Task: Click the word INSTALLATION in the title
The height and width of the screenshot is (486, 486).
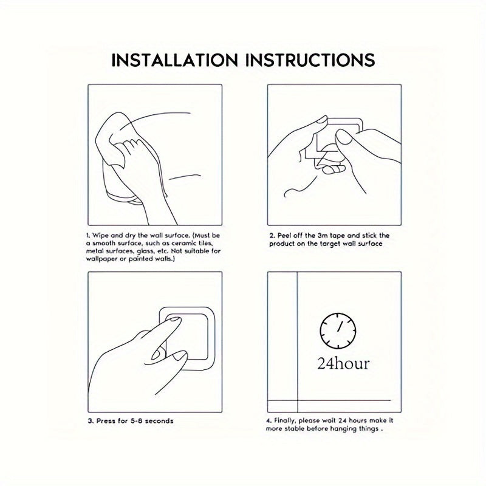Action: [x=174, y=60]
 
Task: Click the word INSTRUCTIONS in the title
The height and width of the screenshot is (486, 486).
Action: [x=310, y=60]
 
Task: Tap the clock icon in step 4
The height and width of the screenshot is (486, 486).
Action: [x=338, y=330]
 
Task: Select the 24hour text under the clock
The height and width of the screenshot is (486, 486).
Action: [x=343, y=363]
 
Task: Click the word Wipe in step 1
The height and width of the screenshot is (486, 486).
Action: [x=101, y=236]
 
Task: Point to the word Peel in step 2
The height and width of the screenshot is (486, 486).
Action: [x=284, y=236]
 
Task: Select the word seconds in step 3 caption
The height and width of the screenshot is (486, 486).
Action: [x=159, y=421]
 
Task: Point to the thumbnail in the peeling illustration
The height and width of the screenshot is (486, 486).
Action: [x=344, y=137]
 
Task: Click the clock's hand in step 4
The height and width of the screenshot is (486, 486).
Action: [x=340, y=327]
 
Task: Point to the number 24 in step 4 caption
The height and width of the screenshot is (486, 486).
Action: [x=342, y=420]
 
